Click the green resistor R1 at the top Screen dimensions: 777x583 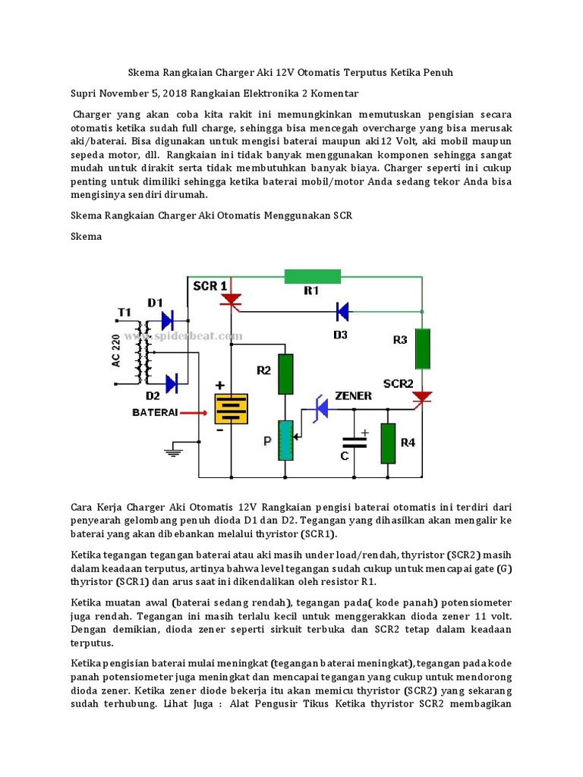coord(311,276)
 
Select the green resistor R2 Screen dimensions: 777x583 coord(285,374)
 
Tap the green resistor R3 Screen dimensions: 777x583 coord(423,348)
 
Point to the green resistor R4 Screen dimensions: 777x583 coord(388,443)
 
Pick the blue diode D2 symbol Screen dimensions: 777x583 coord(171,383)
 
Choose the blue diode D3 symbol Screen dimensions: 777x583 coord(342,310)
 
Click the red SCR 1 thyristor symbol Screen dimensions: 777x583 coord(230,301)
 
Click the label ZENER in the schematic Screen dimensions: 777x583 coord(352,396)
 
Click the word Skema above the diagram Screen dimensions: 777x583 coord(86,236)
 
